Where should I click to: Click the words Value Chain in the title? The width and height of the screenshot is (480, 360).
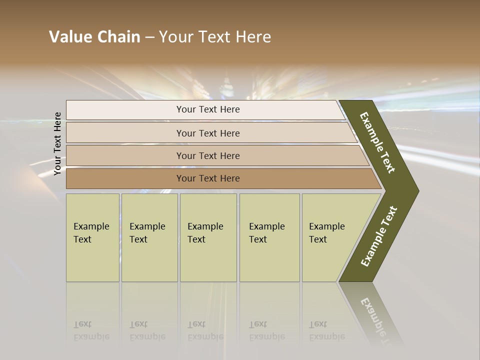[x=94, y=37]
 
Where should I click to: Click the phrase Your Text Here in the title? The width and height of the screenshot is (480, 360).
[x=215, y=37]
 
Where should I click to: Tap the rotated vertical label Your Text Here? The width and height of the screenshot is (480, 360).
[x=58, y=143]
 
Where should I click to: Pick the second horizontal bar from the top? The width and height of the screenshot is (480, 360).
[x=207, y=133]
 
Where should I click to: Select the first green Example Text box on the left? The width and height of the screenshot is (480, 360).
[x=92, y=237]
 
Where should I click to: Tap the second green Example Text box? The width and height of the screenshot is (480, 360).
[x=149, y=237]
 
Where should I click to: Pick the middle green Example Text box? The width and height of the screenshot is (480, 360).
[x=208, y=237]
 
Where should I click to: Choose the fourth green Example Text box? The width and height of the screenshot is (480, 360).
[x=269, y=237]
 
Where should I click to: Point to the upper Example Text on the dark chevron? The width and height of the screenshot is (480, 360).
[x=377, y=142]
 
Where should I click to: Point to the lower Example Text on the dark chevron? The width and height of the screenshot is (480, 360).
[x=378, y=236]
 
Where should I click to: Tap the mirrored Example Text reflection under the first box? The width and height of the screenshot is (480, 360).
[x=91, y=330]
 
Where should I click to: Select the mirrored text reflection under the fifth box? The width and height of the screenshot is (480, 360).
[x=327, y=330]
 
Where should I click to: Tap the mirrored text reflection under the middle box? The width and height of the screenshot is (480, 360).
[x=205, y=330]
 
